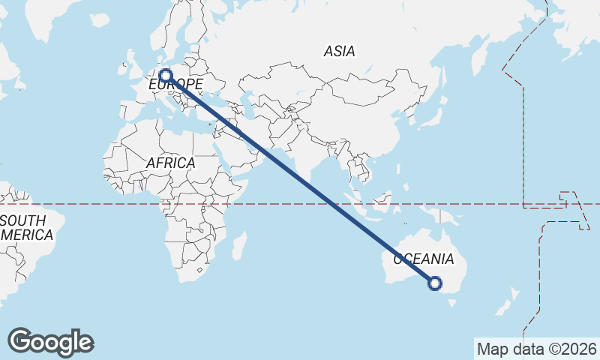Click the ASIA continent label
339,52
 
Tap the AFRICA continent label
170,163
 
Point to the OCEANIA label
424,259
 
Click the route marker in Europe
166,76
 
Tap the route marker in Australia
434,283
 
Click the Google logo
50,341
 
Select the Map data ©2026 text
536,349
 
